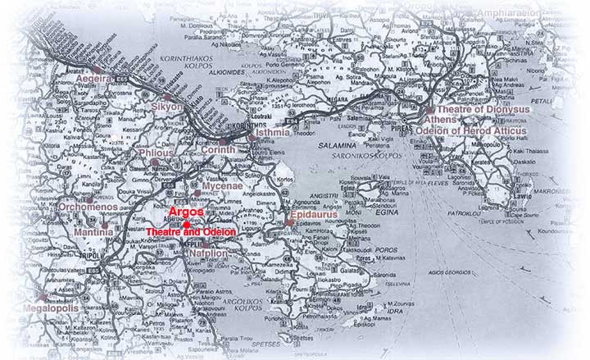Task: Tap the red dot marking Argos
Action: (188, 224)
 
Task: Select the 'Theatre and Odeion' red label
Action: (191, 233)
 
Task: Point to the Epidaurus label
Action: (320, 221)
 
